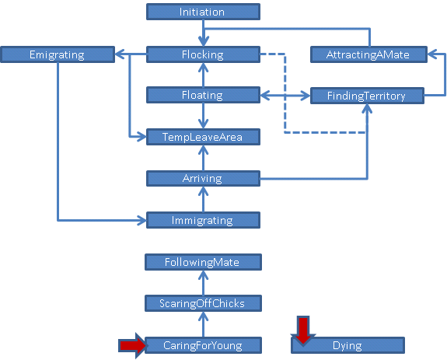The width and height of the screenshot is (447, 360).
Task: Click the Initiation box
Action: pyautogui.click(x=203, y=12)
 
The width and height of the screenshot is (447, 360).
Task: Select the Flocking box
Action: pyautogui.click(x=203, y=54)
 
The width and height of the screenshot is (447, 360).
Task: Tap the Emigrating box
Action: pyautogui.click(x=58, y=54)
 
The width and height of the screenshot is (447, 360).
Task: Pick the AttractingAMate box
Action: pyautogui.click(x=368, y=54)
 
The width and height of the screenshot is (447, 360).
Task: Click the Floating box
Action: pyautogui.click(x=203, y=95)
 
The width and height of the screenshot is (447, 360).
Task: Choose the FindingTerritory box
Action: pyautogui.click(x=367, y=96)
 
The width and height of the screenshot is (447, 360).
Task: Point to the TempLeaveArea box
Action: pyautogui.click(x=203, y=137)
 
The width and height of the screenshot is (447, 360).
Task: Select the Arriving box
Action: pyautogui.click(x=203, y=178)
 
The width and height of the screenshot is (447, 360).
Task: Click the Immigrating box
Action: pyautogui.click(x=203, y=220)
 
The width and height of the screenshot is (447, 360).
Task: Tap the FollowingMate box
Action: pyautogui.click(x=203, y=262)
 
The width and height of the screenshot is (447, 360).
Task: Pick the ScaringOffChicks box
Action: pyautogui.click(x=203, y=303)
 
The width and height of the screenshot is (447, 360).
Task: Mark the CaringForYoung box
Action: pyautogui.click(x=203, y=345)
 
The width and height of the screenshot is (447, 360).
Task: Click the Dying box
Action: pyautogui.click(x=347, y=345)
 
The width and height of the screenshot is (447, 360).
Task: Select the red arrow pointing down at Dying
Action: pyautogui.click(x=303, y=330)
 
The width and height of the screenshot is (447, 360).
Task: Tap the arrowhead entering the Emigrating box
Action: pyautogui.click(x=119, y=54)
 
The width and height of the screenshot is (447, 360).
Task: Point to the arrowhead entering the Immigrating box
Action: pyautogui.click(x=142, y=220)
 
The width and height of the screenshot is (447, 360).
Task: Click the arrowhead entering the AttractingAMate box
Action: pyautogui.click(x=431, y=54)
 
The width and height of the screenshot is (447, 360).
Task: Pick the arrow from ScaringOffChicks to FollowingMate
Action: pyautogui.click(x=203, y=283)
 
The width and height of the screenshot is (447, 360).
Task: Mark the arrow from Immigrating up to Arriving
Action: pyautogui.click(x=203, y=199)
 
